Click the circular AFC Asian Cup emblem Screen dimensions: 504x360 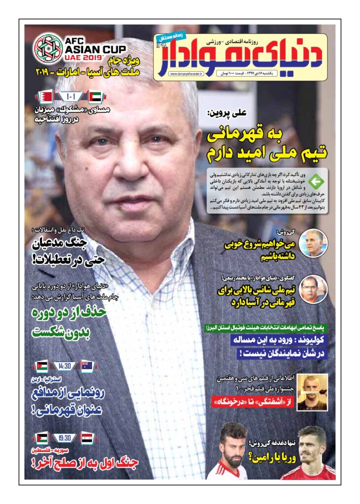click(48, 47)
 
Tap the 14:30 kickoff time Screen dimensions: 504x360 click(64, 366)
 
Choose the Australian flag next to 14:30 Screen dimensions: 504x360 click(87, 366)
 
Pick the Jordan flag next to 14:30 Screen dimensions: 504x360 click(41, 366)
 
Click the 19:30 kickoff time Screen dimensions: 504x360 click(64, 437)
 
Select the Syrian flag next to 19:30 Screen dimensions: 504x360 click(87, 437)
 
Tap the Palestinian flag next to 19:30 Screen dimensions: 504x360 click(41, 437)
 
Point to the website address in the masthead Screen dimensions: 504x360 click(185, 74)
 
